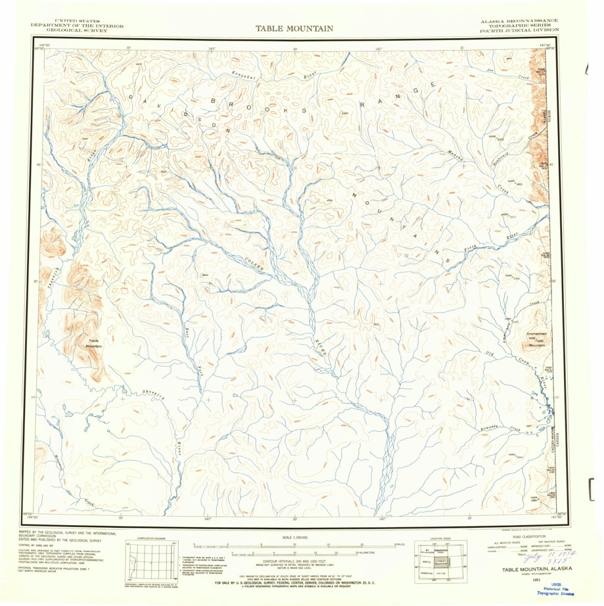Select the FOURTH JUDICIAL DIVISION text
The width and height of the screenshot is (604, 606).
(519, 30)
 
